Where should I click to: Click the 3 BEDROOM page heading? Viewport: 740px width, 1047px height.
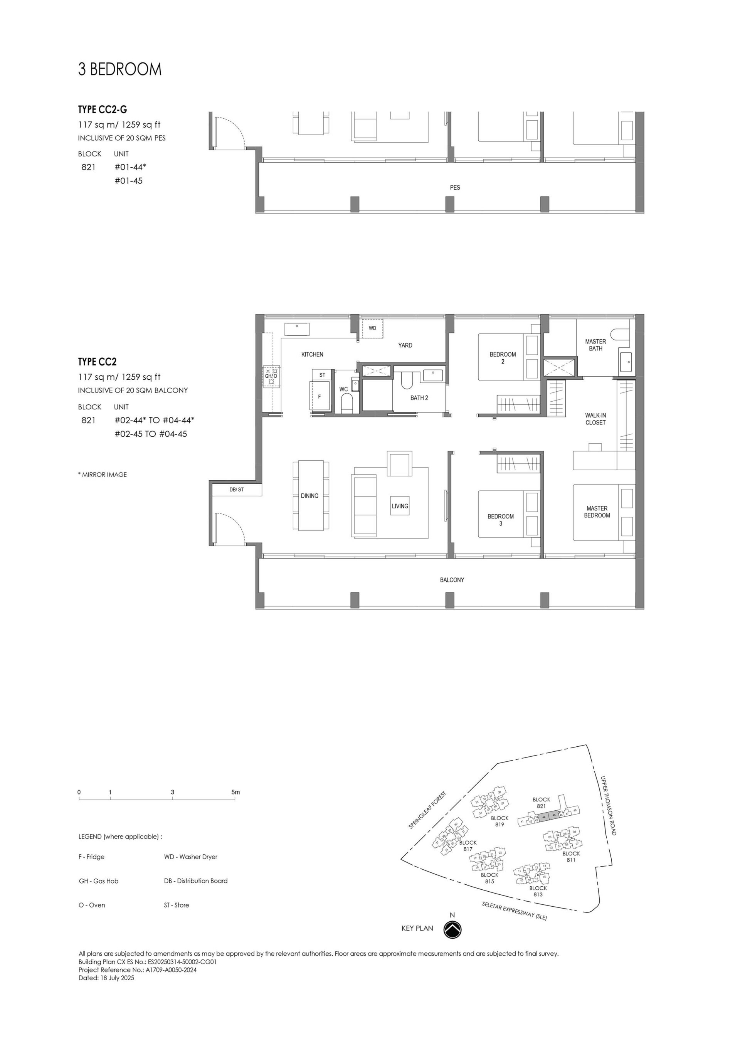pos(119,69)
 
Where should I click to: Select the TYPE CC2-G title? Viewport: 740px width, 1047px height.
pos(102,109)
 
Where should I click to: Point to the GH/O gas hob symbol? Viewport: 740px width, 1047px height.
pos(271,376)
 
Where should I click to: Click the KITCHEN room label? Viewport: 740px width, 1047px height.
pos(312,354)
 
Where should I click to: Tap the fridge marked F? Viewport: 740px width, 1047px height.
pos(320,397)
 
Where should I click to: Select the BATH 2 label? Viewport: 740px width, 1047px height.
pos(419,398)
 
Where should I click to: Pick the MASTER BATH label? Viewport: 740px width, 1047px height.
pos(595,345)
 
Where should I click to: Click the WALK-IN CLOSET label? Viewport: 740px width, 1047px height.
pos(595,419)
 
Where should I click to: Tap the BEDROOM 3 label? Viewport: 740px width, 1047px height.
pos(500,520)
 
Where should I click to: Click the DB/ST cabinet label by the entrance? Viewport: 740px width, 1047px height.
pos(236,490)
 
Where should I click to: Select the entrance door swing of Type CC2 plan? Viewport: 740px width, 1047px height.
pos(230,528)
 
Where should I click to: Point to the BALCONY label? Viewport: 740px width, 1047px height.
pos(452,580)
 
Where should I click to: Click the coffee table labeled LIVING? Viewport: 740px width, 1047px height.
pos(400,506)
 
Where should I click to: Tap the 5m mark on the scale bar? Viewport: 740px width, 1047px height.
pos(235,792)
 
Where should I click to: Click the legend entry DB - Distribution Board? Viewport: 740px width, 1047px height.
pos(196,880)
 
